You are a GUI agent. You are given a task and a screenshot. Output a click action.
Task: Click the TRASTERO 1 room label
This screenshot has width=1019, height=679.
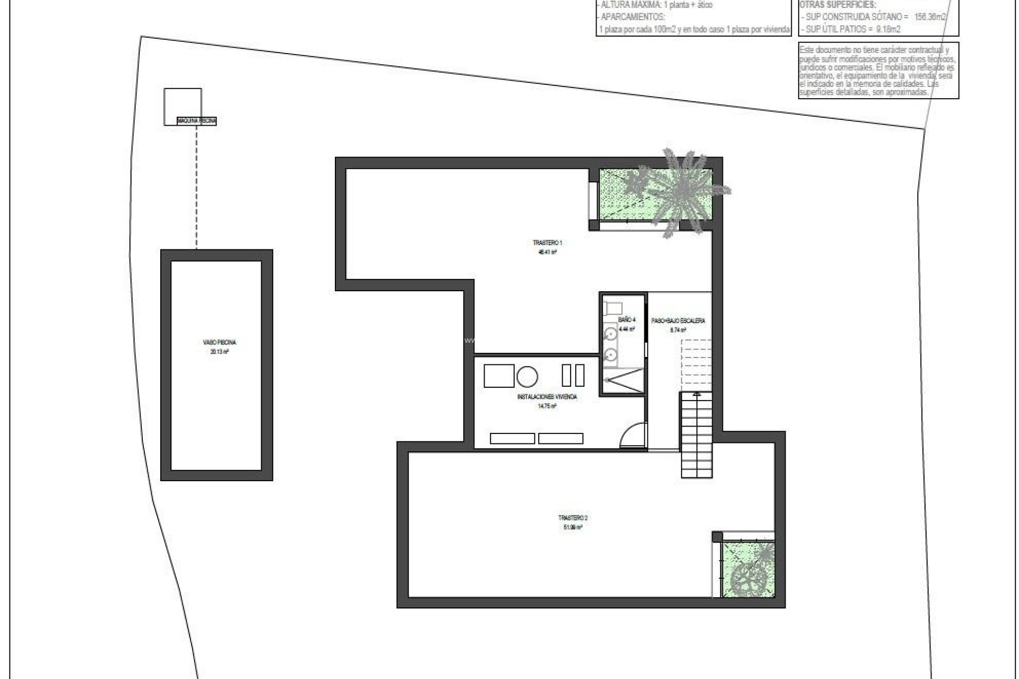tap(547, 243)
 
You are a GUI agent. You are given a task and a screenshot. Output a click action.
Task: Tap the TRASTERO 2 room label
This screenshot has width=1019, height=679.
tap(573, 518)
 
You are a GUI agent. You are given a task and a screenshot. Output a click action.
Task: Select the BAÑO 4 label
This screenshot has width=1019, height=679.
tap(626, 320)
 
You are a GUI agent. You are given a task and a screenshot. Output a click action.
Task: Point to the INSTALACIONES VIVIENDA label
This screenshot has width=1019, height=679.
tap(547, 397)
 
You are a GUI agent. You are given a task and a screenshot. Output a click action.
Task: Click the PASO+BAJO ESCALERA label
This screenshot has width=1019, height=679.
tap(678, 321)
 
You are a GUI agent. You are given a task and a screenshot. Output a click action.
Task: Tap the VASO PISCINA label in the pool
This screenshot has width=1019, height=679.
tap(219, 343)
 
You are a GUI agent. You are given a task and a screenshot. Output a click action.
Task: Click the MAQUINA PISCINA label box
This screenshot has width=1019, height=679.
tap(197, 121)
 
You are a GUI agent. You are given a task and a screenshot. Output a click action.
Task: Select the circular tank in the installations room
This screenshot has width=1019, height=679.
tap(527, 377)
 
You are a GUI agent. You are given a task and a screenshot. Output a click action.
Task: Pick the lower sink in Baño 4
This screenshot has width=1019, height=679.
tap(611, 354)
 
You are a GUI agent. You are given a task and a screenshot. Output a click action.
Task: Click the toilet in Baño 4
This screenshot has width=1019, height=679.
tap(613, 308)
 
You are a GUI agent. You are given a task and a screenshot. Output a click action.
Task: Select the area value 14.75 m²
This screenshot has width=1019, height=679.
tap(547, 406)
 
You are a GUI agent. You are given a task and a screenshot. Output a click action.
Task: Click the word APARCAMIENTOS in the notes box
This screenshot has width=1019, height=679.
tap(632, 17)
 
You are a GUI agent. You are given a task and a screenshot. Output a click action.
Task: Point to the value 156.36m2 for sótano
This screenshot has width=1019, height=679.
tap(929, 17)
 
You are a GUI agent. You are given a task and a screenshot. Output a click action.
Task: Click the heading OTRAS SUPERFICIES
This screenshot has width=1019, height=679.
tap(837, 5)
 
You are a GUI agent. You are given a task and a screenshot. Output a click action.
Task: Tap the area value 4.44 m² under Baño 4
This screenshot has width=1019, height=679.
tap(626, 329)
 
